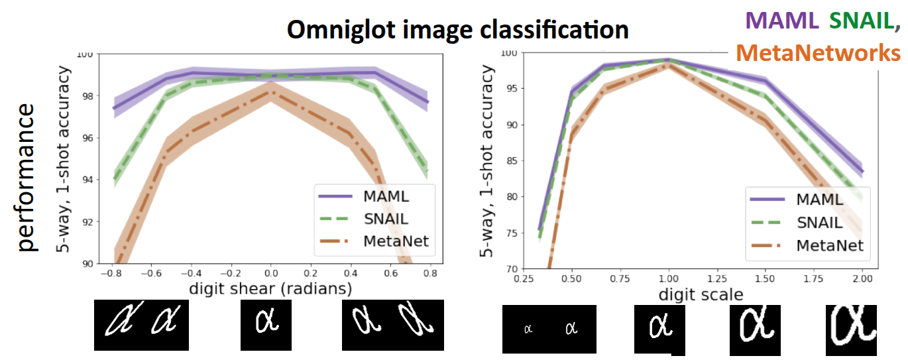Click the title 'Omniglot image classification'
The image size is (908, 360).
[457, 30]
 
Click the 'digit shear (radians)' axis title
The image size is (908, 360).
[270, 288]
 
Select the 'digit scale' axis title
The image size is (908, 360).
[701, 294]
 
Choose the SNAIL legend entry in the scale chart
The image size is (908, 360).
[819, 222]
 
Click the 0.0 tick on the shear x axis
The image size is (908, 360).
[270, 272]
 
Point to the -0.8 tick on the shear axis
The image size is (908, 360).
[112, 272]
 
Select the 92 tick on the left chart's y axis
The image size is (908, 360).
[87, 221]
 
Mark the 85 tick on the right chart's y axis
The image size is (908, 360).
[512, 160]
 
